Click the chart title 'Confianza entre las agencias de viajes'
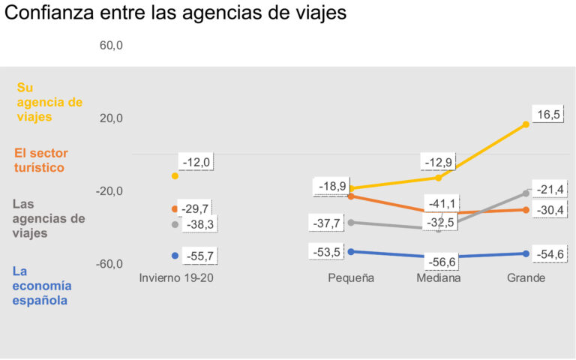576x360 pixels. coord(176,13)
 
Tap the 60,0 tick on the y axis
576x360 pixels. coord(111,46)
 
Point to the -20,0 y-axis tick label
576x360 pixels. coord(109,191)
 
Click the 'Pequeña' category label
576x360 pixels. coord(351,278)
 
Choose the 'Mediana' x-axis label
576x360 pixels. coord(439,278)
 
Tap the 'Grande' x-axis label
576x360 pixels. coord(526,278)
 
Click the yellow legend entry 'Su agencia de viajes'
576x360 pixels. coord(49,103)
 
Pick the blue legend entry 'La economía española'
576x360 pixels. coord(43,286)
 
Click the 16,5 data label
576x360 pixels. coord(547,115)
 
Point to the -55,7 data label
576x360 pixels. coord(198,256)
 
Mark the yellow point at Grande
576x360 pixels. coord(526,124)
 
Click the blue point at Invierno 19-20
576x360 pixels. coord(175,256)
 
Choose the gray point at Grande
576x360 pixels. coord(526,193)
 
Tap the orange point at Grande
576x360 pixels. coord(526,210)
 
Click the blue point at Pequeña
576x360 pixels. coord(351,251)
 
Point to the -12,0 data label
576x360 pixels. coord(198,162)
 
